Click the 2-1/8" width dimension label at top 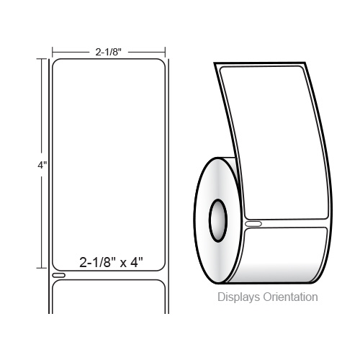coord(109,52)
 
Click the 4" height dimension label coord(42,165)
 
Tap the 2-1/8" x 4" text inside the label coord(111,262)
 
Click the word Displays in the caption coord(238,297)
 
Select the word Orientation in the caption coord(291,297)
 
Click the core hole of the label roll coord(218,220)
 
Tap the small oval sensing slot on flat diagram coord(59,275)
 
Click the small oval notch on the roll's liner coord(253,224)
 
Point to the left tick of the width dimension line coord(53,52)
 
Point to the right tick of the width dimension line coord(165,52)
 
